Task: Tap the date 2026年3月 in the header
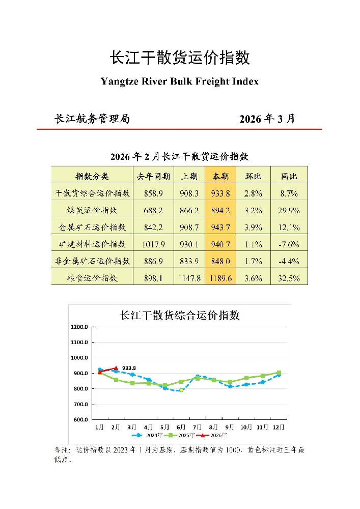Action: click(x=267, y=119)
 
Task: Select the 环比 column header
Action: click(x=253, y=176)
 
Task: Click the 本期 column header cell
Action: click(x=220, y=176)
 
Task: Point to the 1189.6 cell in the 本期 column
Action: click(x=220, y=278)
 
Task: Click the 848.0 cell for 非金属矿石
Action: click(x=220, y=261)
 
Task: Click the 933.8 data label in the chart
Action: click(x=129, y=367)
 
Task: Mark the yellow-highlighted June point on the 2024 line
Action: click(x=181, y=390)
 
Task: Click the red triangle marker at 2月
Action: click(x=116, y=368)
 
